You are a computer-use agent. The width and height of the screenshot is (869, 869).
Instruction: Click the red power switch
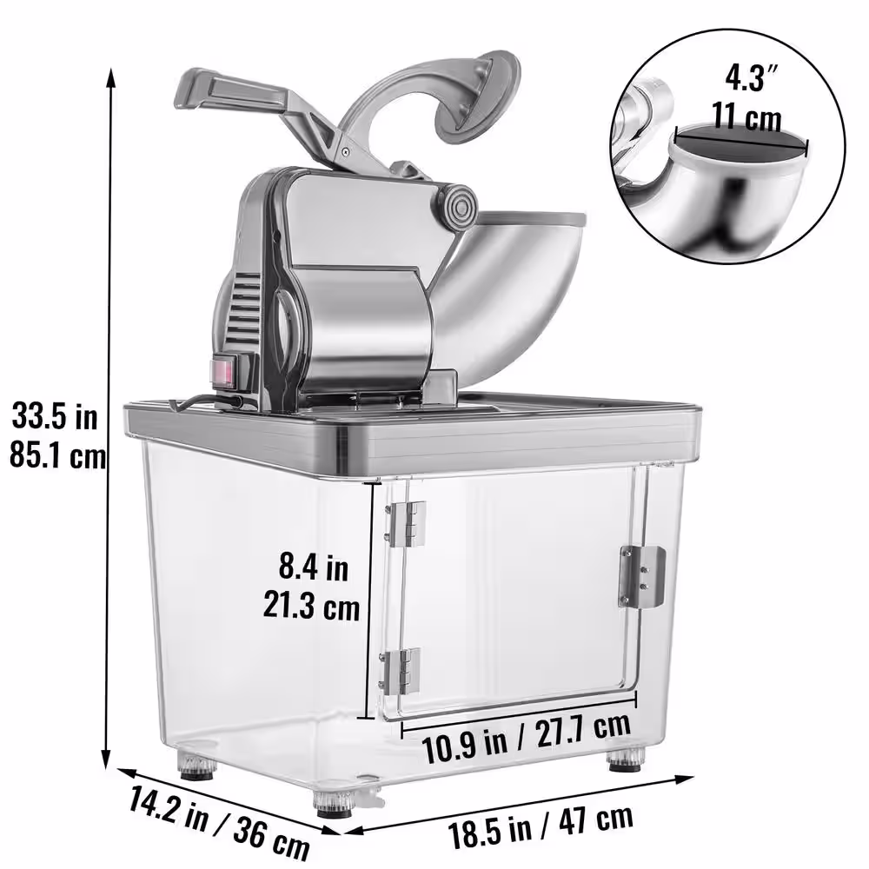222,374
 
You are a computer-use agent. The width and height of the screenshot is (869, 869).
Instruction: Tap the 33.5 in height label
55,417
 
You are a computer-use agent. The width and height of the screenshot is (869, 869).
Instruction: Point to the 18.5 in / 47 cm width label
541,826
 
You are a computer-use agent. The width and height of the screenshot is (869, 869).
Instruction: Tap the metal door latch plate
641,576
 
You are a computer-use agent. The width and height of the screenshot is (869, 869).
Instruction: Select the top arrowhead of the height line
111,75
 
